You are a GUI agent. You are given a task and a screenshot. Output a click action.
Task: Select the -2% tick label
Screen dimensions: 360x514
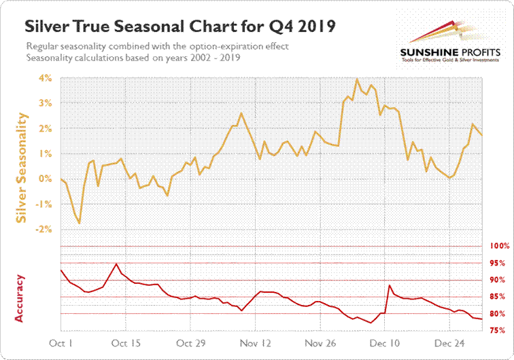pos(45,230)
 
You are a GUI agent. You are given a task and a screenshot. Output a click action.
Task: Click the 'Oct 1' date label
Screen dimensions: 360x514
pos(63,344)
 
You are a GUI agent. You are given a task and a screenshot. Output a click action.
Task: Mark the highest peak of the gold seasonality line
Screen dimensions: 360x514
pos(357,79)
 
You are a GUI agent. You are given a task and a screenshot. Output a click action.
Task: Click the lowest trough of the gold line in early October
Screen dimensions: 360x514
pos(80,223)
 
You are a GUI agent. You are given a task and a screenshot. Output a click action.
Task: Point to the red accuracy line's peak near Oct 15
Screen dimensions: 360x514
pos(117,264)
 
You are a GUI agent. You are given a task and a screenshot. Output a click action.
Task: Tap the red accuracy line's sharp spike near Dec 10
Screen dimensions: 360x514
pos(389,285)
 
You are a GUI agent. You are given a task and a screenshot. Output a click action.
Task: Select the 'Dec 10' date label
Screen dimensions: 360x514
pos(385,344)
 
